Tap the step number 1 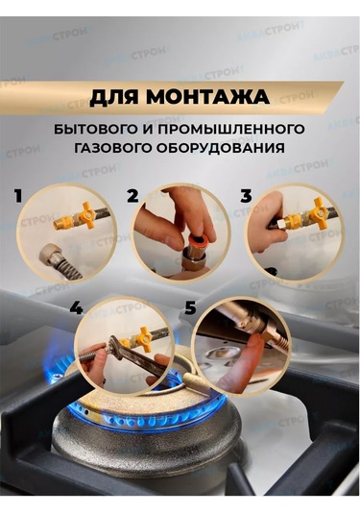click(17, 196)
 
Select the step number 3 click(246, 196)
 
